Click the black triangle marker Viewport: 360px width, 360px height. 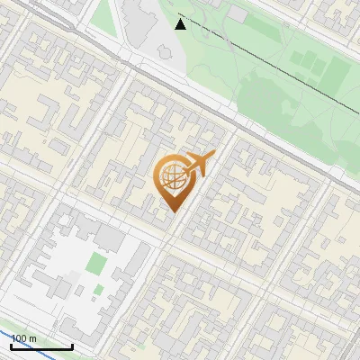coord(181,23)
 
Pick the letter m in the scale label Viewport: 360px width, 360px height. coord(32,338)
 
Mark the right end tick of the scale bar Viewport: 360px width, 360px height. coord(72,345)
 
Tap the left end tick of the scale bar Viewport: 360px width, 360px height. coord(12,345)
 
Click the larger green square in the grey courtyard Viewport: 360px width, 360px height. coord(96,264)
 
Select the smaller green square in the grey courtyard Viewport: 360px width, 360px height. coord(97,290)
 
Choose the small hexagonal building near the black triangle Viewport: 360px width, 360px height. coord(164,52)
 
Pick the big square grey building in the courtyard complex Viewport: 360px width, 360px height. coord(109,238)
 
